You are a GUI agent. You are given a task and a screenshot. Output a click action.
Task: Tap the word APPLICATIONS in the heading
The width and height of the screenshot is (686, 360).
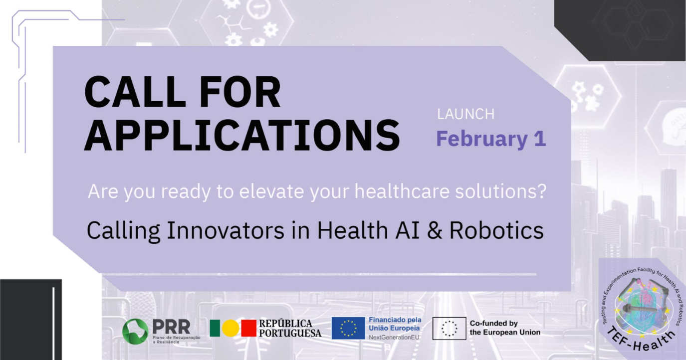coord(242,135)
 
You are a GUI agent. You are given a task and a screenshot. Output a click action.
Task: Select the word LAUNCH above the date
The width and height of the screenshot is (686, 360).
coord(465,114)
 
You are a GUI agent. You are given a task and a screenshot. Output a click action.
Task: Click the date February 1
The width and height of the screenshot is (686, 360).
coord(491,139)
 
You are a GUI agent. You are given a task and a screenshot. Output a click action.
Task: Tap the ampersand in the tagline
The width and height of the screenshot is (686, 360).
coord(434,230)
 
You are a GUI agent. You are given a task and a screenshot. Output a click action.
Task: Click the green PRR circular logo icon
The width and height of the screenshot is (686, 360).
coord(135,331)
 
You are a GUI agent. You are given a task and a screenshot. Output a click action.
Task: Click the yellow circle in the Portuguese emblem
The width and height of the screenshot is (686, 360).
coord(230,328)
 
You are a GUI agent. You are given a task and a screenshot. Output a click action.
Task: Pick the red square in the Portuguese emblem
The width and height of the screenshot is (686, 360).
coord(248,328)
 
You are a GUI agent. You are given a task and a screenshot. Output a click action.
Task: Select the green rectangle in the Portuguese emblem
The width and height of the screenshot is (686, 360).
coord(215,328)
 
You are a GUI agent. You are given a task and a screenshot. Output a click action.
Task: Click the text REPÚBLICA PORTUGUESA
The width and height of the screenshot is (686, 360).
coord(290,328)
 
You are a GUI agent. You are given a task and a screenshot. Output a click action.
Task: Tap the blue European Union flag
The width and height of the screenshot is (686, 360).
coord(348,328)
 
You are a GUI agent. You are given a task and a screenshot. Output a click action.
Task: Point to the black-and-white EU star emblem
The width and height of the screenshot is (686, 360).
coord(449,328)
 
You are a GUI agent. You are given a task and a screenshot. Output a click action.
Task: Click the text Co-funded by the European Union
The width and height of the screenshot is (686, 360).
coord(504,328)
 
